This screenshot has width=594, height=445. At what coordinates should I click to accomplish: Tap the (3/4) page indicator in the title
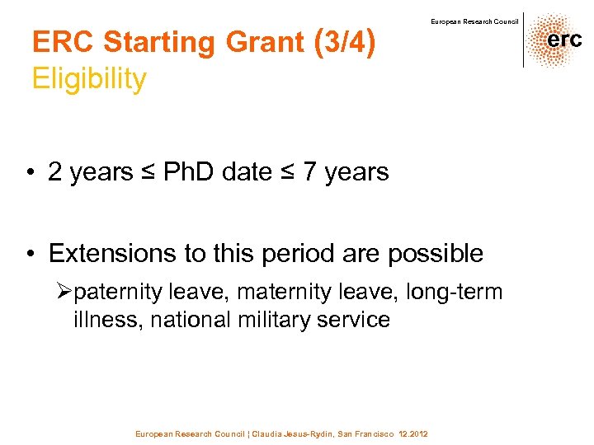[x=345, y=42]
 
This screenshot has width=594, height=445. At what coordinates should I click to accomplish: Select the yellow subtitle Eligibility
[x=89, y=80]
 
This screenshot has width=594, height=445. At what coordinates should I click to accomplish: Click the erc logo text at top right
[x=564, y=40]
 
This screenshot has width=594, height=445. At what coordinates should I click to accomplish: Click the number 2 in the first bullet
[x=55, y=172]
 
